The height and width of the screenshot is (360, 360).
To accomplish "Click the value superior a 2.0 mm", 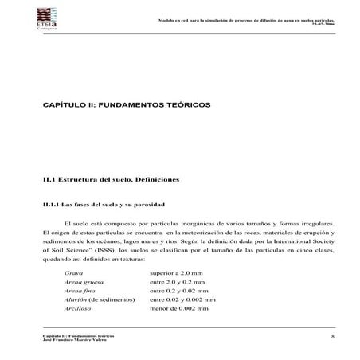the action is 178,272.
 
